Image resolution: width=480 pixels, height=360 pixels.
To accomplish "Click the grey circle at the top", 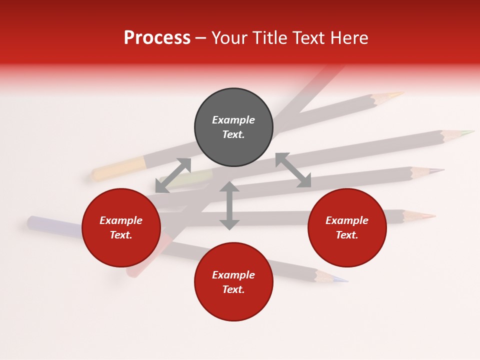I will tap(233, 127).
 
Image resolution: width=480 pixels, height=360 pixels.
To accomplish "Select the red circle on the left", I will tap(121, 228).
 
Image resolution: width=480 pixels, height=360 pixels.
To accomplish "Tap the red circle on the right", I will tap(347, 228).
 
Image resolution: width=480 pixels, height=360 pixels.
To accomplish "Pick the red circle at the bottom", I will tap(233, 282).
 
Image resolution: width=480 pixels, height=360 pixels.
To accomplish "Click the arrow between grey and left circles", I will tap(173, 175).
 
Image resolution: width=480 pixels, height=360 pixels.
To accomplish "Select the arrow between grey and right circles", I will tap(293, 170).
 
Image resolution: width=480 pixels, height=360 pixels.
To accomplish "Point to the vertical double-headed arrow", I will tap(229, 205).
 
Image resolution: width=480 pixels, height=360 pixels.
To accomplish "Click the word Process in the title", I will tap(157, 37).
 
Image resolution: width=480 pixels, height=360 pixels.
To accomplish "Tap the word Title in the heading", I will tap(269, 37).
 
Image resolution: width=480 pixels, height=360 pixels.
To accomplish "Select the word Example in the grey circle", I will tap(233, 120).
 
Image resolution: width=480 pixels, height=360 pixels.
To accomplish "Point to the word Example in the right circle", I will tap(347, 220).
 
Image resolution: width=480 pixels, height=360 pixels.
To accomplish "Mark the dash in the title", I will tap(201, 37).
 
